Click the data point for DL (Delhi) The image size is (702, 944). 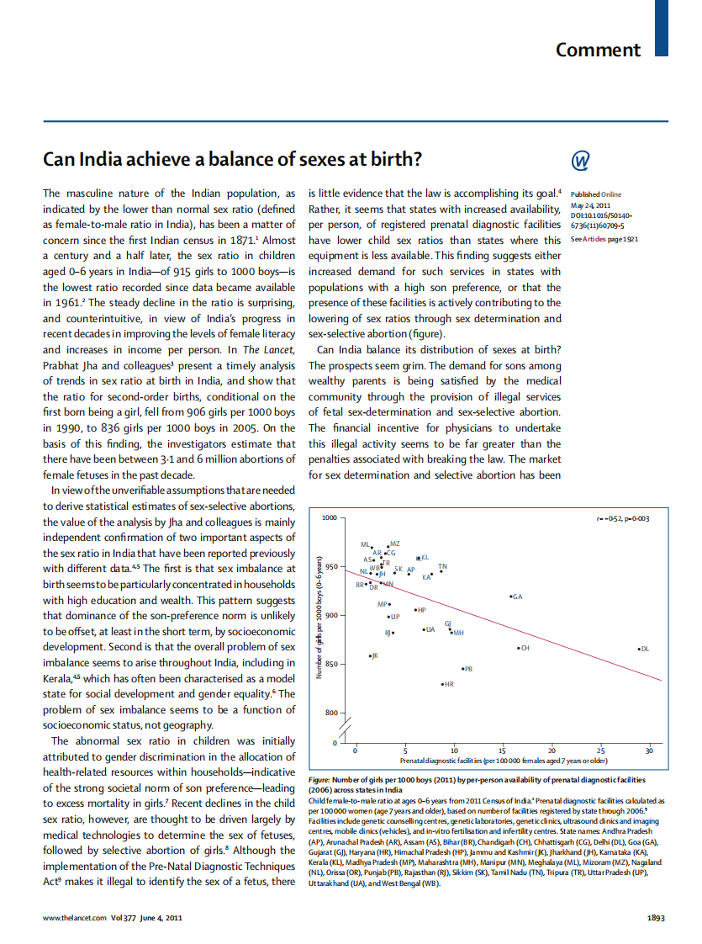(x=640, y=649)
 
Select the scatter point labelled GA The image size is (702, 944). (x=511, y=597)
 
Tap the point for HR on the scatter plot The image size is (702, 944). (x=442, y=685)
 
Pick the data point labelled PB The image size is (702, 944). (x=463, y=668)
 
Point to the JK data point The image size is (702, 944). (x=370, y=655)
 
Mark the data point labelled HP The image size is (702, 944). (x=415, y=609)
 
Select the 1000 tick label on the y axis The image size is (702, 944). (x=328, y=517)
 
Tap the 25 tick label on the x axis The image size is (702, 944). (x=600, y=750)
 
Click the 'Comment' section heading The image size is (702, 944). (x=598, y=50)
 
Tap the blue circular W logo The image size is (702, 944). (x=580, y=160)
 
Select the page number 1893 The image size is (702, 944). (x=656, y=918)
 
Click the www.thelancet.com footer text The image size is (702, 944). (x=75, y=918)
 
